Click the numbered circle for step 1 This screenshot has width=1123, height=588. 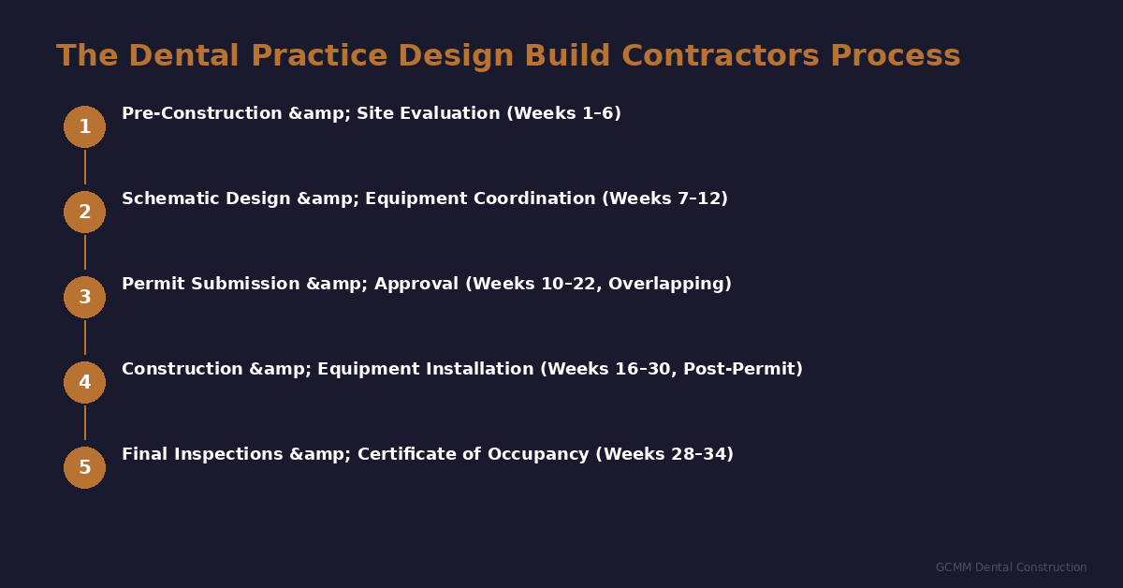[x=84, y=126]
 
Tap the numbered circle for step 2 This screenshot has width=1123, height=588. [x=84, y=212]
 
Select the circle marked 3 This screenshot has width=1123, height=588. [x=84, y=297]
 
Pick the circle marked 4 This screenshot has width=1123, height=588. [x=84, y=382]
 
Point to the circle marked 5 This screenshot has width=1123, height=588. [x=84, y=467]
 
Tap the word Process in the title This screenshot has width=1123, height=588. [x=895, y=56]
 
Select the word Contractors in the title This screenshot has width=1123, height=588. [x=721, y=56]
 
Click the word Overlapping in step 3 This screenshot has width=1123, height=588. [x=669, y=284]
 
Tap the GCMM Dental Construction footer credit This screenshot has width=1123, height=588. [x=1011, y=567]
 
